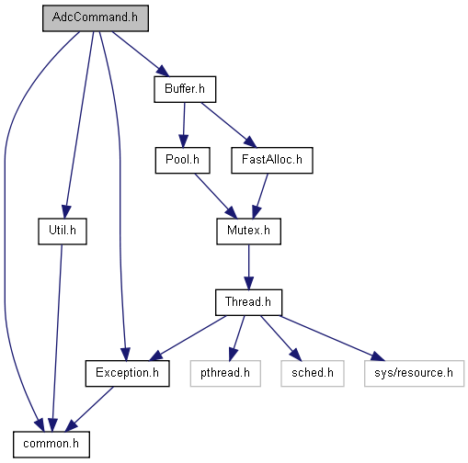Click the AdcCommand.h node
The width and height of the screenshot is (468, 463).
96,18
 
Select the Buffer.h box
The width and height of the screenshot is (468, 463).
185,89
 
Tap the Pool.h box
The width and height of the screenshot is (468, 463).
182,160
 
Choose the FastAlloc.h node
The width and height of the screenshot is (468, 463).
272,160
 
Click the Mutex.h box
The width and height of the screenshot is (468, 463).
248,231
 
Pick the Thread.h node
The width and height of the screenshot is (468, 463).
248,302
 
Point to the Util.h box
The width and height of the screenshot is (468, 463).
63,231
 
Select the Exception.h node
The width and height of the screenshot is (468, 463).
127,373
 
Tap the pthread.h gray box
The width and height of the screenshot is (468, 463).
225,373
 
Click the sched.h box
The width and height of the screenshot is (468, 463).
313,373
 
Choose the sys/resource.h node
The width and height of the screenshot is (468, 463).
414,373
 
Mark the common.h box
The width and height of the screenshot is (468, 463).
51,445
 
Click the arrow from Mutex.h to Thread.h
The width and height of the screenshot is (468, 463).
248,267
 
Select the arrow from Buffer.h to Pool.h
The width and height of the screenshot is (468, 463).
184,125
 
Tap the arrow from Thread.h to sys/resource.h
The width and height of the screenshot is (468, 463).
332,338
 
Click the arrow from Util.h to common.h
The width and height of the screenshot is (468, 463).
57,337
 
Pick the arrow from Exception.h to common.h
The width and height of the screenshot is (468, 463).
89,409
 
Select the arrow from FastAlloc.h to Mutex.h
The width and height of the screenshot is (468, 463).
260,196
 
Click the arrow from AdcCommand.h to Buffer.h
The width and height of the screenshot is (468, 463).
141,54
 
